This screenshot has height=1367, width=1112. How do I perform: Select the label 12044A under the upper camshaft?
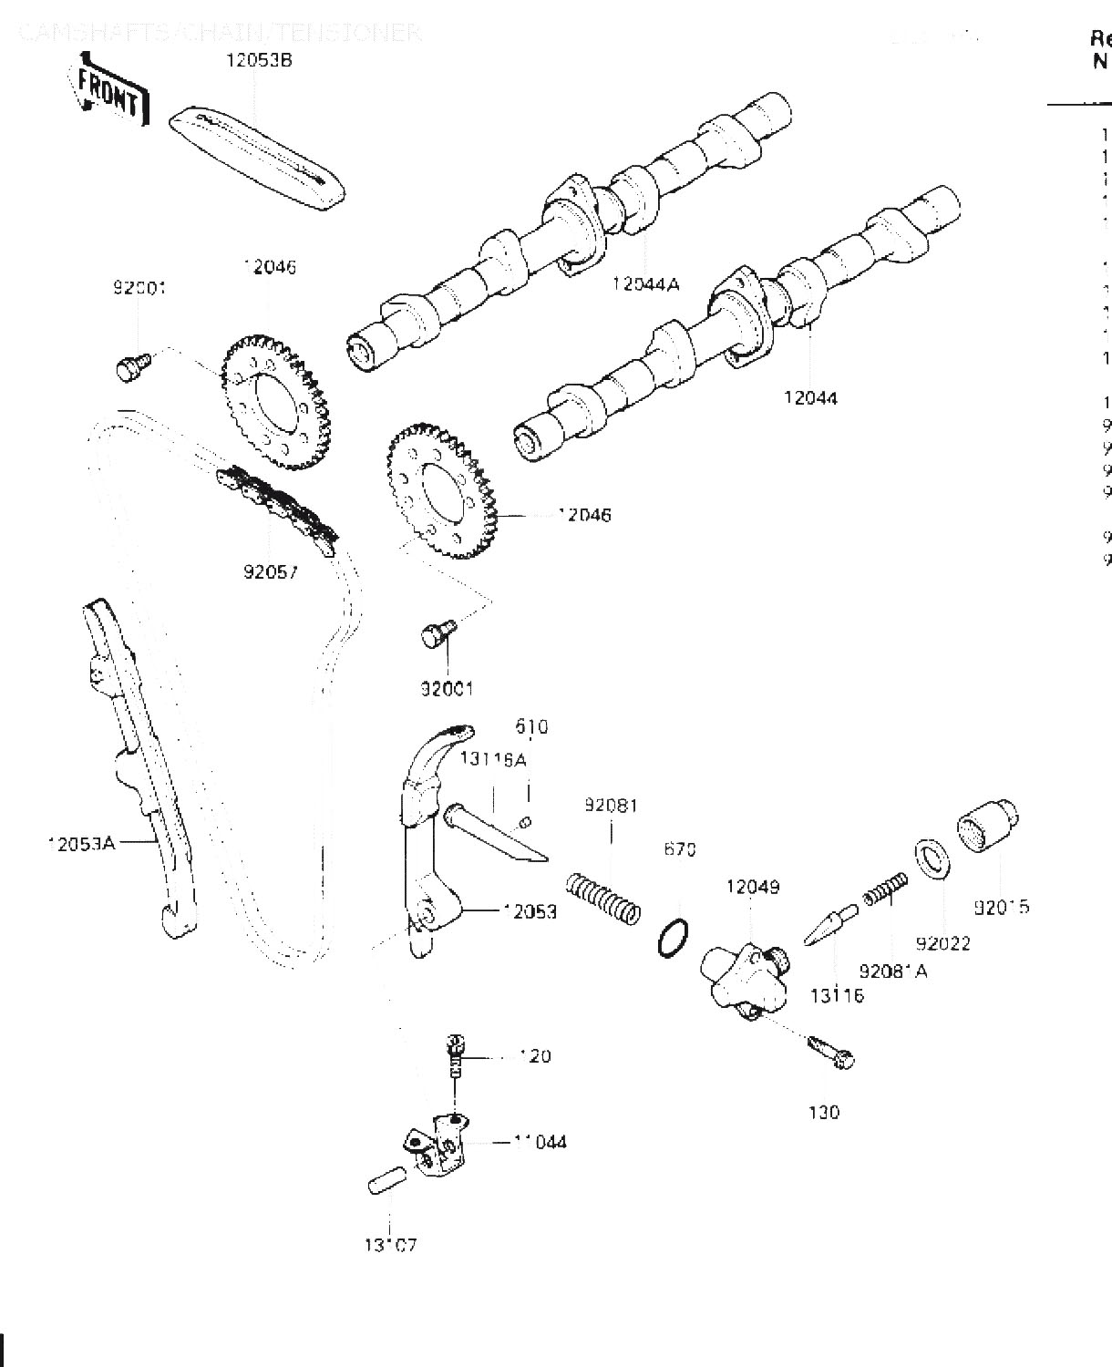645,283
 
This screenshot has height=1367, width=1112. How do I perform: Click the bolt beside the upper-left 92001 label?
130,367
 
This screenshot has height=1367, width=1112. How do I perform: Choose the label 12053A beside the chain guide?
81,843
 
